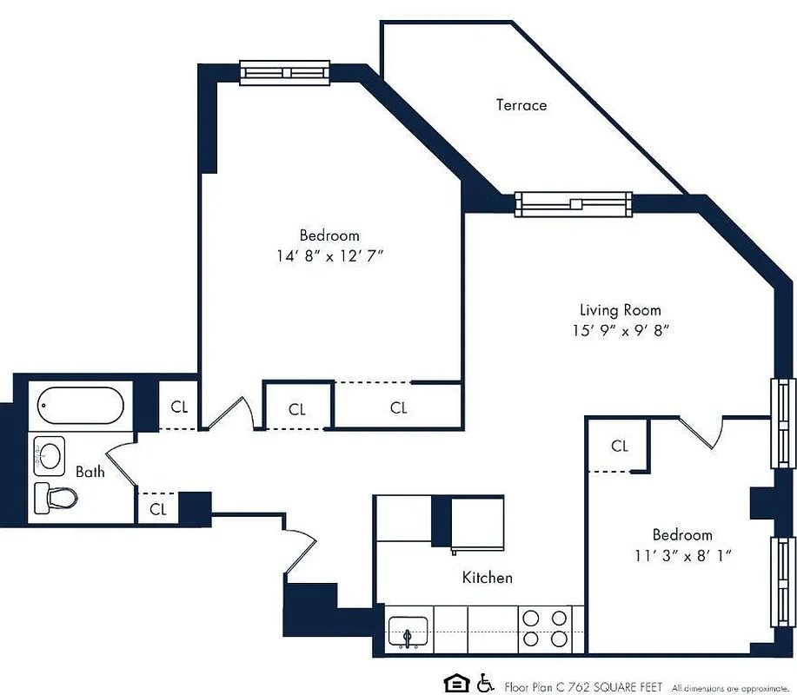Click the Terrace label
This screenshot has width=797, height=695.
point(521,105)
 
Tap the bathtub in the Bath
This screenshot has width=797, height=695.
point(79,405)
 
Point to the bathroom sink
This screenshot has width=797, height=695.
point(50,453)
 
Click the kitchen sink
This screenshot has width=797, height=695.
point(408,632)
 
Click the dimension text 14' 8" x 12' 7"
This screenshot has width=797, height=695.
point(329,255)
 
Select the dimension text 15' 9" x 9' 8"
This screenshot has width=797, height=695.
point(620,330)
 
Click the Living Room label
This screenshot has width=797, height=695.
point(620,310)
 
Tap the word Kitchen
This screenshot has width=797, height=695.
point(487,577)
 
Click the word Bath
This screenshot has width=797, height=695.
point(90,472)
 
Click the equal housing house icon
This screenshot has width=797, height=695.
point(454,684)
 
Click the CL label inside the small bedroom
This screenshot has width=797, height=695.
point(619,447)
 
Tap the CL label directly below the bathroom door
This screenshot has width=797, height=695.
point(157,510)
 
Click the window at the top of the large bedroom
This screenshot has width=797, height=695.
point(285,74)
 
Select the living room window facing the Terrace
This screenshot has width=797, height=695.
point(573,203)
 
